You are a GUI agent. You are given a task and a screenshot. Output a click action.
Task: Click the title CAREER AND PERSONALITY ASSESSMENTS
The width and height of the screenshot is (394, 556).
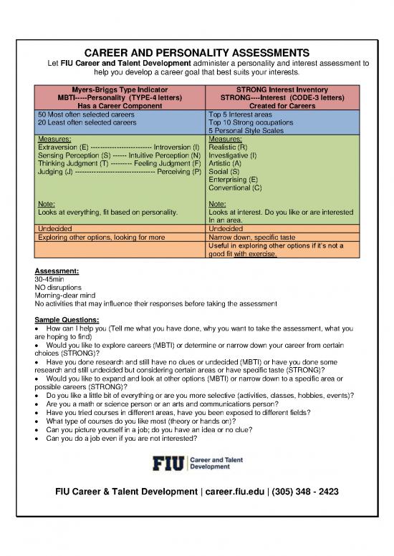(196, 53)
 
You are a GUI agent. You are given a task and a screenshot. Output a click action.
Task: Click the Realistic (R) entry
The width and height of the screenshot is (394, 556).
(229, 146)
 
